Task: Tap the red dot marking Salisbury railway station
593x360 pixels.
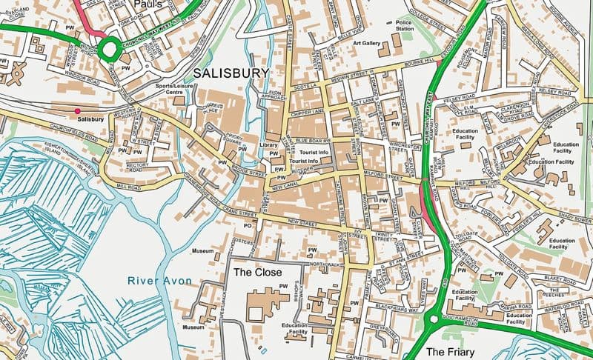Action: click(x=78, y=111)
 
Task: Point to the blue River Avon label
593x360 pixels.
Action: click(x=159, y=280)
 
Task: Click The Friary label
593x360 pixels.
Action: click(x=449, y=352)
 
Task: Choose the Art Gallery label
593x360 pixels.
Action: click(x=366, y=44)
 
